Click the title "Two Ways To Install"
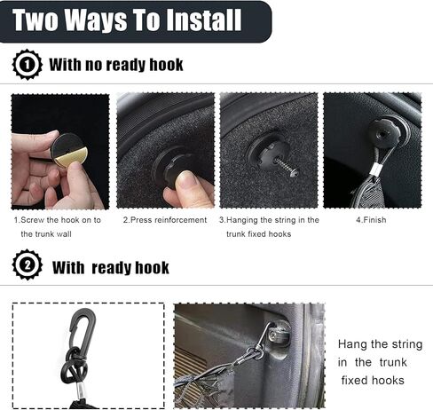(127, 20)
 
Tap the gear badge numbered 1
(27, 65)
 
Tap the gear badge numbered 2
(27, 264)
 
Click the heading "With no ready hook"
(116, 65)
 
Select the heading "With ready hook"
(111, 268)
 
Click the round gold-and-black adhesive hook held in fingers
(69, 150)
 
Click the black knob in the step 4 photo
(382, 134)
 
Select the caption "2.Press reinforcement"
(165, 220)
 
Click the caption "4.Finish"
(371, 220)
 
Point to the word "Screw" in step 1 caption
(33, 220)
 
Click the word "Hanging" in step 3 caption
(242, 220)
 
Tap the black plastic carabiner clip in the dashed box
(83, 327)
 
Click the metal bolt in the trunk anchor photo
(273, 335)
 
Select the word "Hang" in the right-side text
(352, 344)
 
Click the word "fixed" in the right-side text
(354, 380)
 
